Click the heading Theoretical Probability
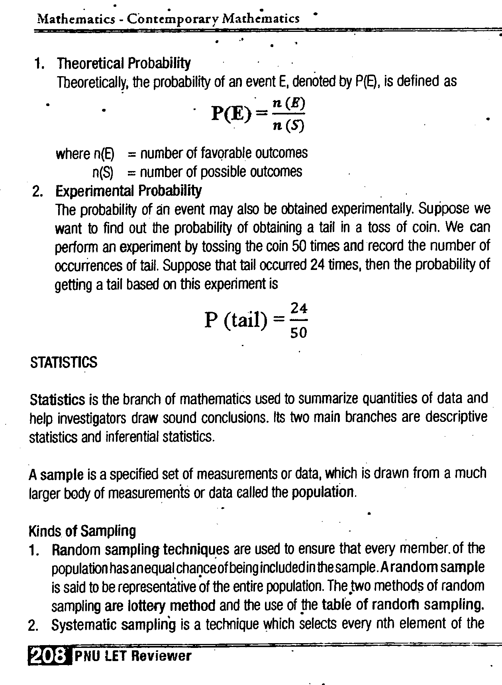(x=124, y=63)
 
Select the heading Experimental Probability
(x=128, y=191)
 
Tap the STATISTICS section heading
(x=64, y=362)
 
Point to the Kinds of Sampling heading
(x=82, y=531)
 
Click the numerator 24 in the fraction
(x=299, y=309)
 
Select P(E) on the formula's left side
(x=232, y=114)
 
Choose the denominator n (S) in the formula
(x=289, y=126)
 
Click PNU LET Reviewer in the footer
(x=133, y=656)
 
